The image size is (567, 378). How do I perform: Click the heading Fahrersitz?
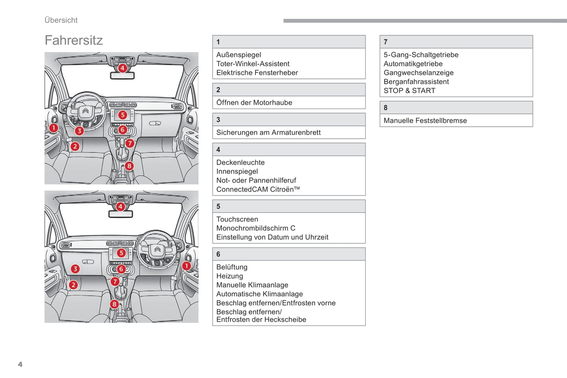[x=74, y=40]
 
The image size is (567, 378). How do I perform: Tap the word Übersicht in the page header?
[x=61, y=20]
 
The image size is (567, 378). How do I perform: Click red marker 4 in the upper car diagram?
[x=122, y=68]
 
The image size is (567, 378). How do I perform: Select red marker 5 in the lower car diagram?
[x=121, y=253]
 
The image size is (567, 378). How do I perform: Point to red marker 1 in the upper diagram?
[x=54, y=127]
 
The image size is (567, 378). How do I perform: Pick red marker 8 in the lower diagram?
[x=114, y=304]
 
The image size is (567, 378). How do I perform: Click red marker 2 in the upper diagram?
[x=75, y=147]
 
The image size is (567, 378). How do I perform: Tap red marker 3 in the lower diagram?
[x=75, y=269]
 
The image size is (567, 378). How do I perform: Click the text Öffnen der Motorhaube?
[x=254, y=103]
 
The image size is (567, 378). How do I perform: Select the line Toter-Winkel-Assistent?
[x=253, y=64]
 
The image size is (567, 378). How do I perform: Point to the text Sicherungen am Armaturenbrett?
[x=268, y=133]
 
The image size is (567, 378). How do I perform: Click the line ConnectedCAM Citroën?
[x=258, y=189]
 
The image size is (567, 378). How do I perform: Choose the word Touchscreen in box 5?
[x=237, y=219]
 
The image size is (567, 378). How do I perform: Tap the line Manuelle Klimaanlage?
[x=252, y=285]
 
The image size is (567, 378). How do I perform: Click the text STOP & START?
[x=409, y=91]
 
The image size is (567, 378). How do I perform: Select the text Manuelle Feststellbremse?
[x=425, y=121]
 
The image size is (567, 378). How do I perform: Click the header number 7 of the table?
[x=386, y=42]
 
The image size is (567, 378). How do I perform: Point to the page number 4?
[x=20, y=364]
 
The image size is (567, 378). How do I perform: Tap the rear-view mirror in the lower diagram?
[x=120, y=214]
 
